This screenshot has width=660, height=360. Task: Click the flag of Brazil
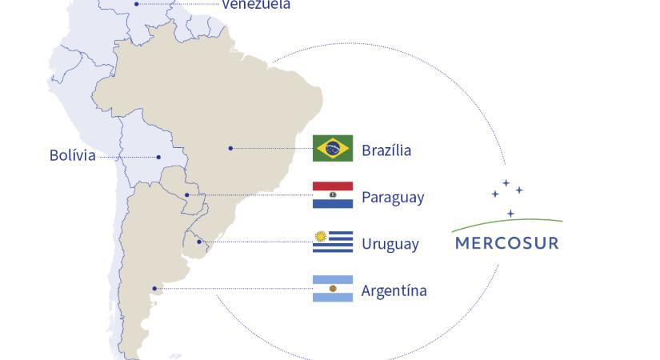coord(333,148)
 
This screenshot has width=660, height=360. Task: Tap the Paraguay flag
coord(333,195)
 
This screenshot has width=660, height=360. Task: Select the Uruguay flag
coord(333,242)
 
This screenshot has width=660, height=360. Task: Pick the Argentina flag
coord(333,289)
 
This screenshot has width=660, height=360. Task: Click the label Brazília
coord(386,150)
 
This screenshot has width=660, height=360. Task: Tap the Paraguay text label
coord(393,197)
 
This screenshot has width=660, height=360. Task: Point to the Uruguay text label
coord(390,244)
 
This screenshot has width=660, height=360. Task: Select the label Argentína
coord(394,290)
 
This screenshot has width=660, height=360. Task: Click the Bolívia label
coord(72,155)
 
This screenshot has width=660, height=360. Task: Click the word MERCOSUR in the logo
coord(507,242)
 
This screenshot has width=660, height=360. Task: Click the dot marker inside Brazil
coord(230,148)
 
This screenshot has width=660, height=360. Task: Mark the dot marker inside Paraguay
coord(187,194)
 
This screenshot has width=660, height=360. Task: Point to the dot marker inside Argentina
coord(154,288)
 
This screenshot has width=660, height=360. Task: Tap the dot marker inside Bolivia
coord(158,157)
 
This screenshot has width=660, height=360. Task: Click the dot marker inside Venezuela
coord(137,4)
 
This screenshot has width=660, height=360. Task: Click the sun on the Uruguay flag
coord(321,236)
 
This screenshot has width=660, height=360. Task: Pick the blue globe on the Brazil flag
coord(333,148)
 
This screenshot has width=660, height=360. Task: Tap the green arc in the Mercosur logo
coord(507,222)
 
